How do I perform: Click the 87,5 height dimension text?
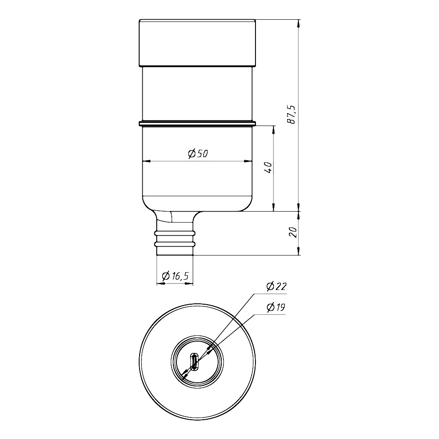pyautogui.click(x=291, y=115)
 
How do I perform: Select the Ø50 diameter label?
pyautogui.click(x=198, y=154)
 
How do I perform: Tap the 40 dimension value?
pyautogui.click(x=268, y=167)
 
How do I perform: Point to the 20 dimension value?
pyautogui.click(x=293, y=232)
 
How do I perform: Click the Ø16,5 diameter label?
pyautogui.click(x=176, y=276)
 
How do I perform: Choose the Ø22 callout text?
pyautogui.click(x=277, y=286)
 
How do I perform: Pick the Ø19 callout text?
pyautogui.click(x=276, y=307)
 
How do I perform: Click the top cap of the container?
pyautogui.click(x=198, y=43)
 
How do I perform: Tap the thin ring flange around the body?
pyautogui.click(x=198, y=123)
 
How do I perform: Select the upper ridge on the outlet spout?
pyautogui.click(x=175, y=233)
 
